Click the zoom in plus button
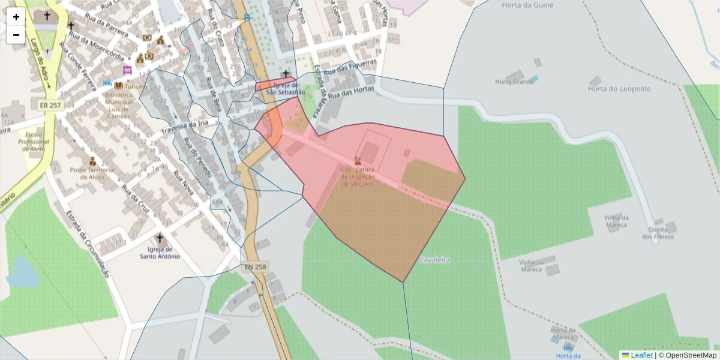click(16, 17)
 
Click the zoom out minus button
click(16, 35)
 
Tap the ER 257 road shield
click(50, 105)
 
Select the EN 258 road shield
click(255, 266)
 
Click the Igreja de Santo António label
click(160, 253)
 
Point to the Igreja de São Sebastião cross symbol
click(286, 74)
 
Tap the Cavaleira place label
click(434, 260)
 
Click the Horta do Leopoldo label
click(619, 89)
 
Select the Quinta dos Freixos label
click(658, 233)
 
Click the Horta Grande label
click(514, 82)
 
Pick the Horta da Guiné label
click(527, 5)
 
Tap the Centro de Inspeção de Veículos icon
click(358, 160)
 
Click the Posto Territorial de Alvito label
click(92, 173)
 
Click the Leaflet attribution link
click(641, 355)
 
